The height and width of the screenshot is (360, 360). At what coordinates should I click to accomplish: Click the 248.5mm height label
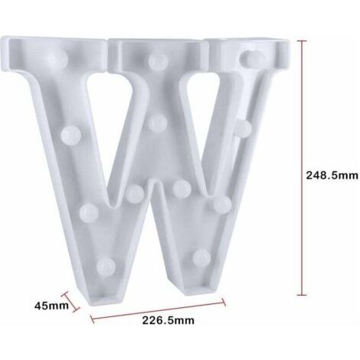coord(332,175)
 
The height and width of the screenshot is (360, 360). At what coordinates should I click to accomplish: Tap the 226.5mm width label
coord(168,320)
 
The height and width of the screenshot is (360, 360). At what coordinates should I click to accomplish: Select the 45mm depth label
coord(51,306)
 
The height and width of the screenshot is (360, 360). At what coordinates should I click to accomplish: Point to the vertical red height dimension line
coord(302,168)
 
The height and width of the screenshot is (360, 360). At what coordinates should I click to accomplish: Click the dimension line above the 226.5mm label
coord(159,310)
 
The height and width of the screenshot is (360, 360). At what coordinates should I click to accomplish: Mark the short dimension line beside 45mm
coord(70,301)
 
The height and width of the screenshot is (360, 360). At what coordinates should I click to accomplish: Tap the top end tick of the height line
coord(302,41)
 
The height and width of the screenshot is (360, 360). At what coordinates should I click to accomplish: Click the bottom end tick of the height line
coord(302,295)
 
